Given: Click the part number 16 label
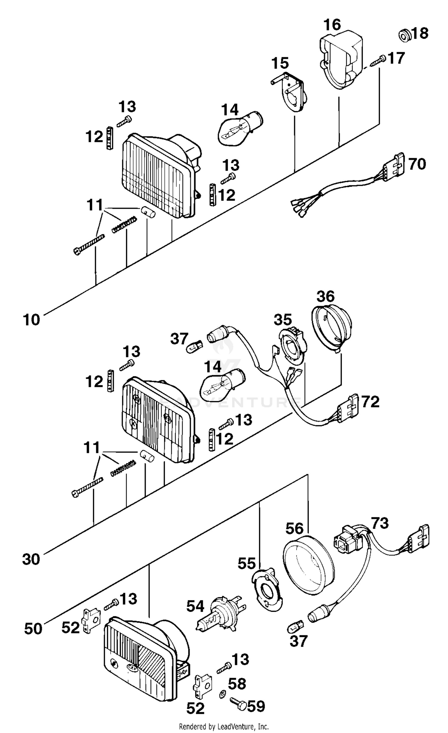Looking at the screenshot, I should (x=332, y=25).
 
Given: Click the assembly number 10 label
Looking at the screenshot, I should (x=31, y=320).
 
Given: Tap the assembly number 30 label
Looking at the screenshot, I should (x=31, y=559).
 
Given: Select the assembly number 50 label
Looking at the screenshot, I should (x=33, y=629).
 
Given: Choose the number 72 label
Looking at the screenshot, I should (x=370, y=402).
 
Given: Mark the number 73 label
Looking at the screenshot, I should (x=380, y=523).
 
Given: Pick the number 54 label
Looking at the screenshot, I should (x=195, y=606).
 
